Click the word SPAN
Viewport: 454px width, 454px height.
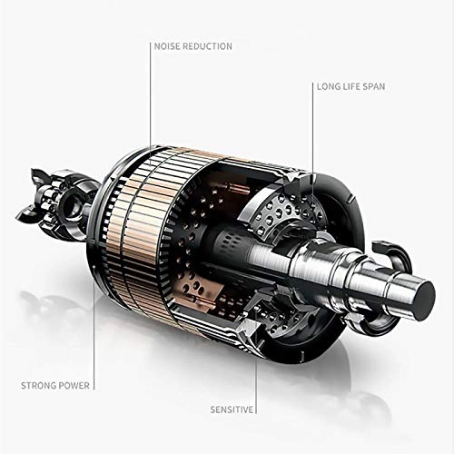pyautogui.click(x=374, y=86)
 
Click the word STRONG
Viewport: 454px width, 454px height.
pyautogui.click(x=38, y=386)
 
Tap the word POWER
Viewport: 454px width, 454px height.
pyautogui.click(x=74, y=386)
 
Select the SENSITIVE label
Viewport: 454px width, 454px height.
pyautogui.click(x=232, y=410)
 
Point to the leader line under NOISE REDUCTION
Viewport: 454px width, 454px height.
pyautogui.click(x=151, y=104)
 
